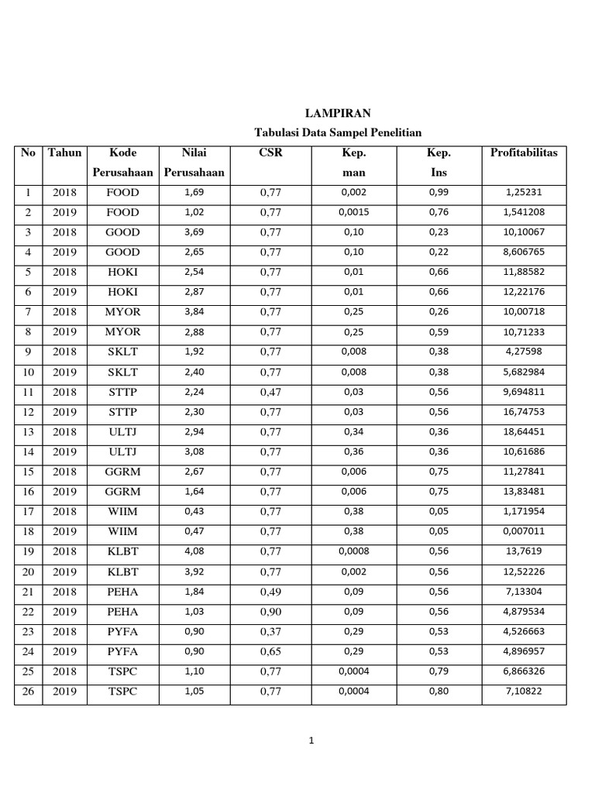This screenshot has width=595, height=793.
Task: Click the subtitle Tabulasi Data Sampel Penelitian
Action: (338, 132)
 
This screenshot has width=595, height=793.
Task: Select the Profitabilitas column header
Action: (524, 153)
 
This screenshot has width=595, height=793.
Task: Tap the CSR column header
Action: (270, 153)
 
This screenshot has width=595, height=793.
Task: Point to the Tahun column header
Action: (64, 153)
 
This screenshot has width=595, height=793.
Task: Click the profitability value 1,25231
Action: (523, 192)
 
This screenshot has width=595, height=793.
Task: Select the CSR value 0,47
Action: (270, 392)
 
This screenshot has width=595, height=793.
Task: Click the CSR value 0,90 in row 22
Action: (270, 611)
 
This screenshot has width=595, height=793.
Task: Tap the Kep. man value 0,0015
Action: (353, 212)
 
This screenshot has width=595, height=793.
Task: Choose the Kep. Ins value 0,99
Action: (439, 192)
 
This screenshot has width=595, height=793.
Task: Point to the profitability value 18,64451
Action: (524, 431)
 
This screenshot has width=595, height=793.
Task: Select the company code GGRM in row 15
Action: (123, 472)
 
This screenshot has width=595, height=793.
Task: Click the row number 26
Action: (28, 691)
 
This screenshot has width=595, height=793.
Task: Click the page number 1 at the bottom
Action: (311, 741)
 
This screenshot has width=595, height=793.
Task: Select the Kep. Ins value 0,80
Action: (439, 691)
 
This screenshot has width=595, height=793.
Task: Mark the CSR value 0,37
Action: (270, 631)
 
